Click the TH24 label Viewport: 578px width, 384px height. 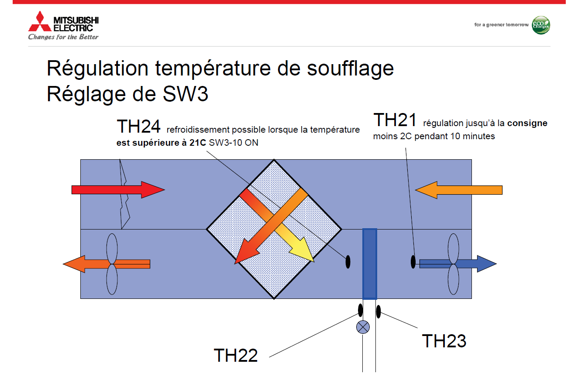[x=138, y=127]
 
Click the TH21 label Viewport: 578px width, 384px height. [x=395, y=120]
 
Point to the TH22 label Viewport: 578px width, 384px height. [x=236, y=355]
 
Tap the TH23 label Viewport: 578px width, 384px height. [x=444, y=341]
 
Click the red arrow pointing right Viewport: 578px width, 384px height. [x=118, y=190]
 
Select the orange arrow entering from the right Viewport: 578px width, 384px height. [x=458, y=190]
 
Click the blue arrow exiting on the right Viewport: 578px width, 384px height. [x=458, y=264]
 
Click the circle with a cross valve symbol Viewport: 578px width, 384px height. [x=363, y=327]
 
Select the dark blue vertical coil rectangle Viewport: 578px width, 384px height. [x=370, y=264]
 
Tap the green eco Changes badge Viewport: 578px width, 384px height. [x=541, y=25]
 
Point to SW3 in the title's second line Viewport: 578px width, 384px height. [x=185, y=94]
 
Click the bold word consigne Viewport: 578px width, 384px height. [x=527, y=123]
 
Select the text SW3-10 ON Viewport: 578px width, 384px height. [x=234, y=143]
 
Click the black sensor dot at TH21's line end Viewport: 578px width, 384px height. [x=413, y=262]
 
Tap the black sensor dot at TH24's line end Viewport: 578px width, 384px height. [x=348, y=262]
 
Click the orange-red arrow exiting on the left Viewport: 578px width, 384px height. [x=107, y=264]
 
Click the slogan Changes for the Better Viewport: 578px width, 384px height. [x=63, y=37]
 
